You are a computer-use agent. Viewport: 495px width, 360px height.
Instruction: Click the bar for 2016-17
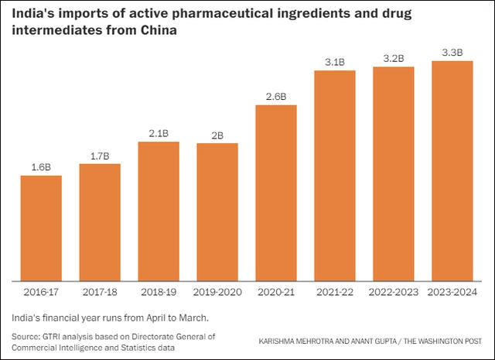tap(41, 228)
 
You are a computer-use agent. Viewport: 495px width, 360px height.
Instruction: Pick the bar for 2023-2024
tap(452, 170)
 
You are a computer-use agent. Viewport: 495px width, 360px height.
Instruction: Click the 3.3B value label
tap(452, 53)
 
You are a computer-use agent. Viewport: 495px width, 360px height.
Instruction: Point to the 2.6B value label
tap(276, 97)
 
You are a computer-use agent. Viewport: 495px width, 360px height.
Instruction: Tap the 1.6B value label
tap(41, 167)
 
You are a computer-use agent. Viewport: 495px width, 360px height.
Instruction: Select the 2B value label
tap(217, 135)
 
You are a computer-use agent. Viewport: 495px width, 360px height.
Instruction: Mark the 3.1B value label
tap(334, 62)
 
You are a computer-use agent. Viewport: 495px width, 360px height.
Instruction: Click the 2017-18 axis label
tap(100, 292)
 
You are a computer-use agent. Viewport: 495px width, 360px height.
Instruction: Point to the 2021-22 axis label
tap(334, 292)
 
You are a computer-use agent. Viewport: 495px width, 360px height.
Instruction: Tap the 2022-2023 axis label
tap(393, 292)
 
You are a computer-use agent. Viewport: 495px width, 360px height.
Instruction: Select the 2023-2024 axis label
tap(452, 292)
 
